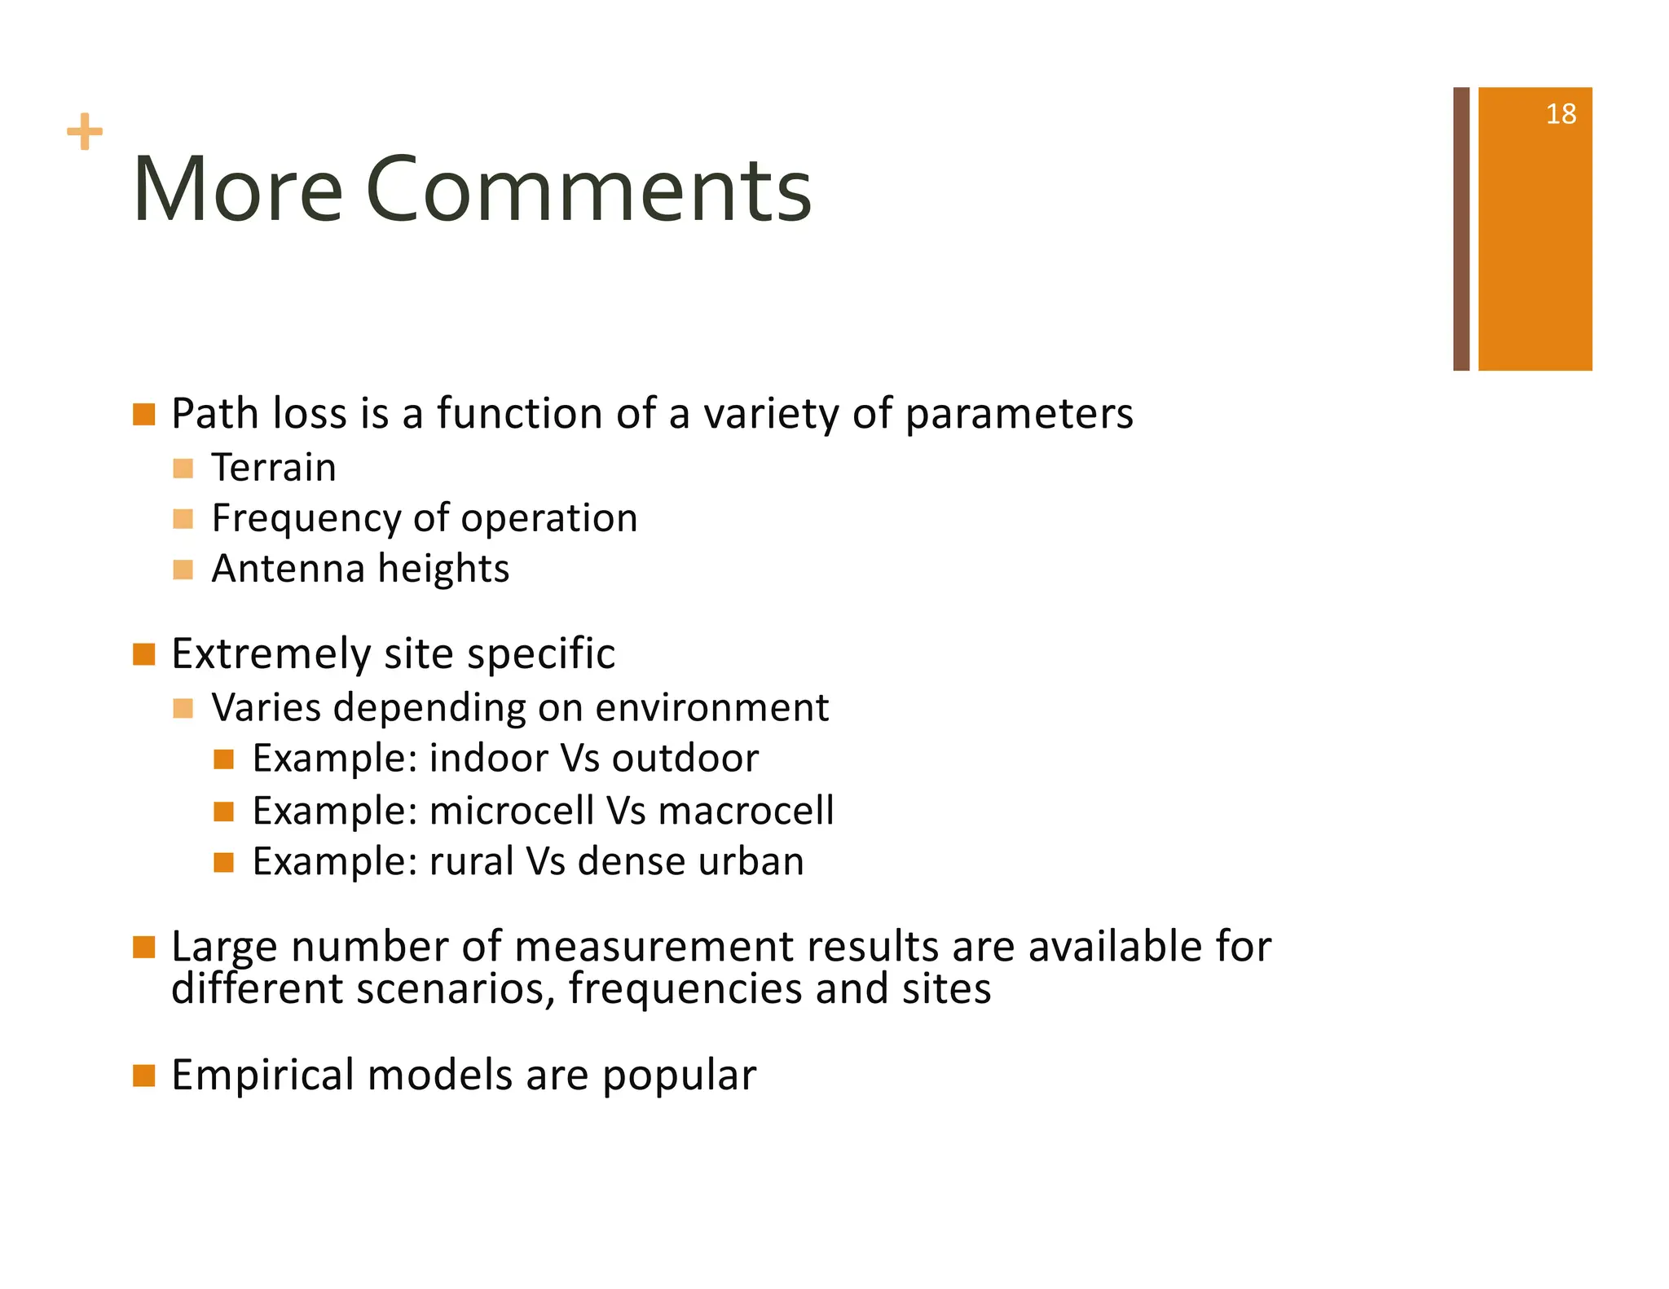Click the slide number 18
pyautogui.click(x=1560, y=114)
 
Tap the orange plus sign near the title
pyautogui.click(x=85, y=132)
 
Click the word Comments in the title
pyautogui.click(x=589, y=191)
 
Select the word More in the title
pyautogui.click(x=237, y=191)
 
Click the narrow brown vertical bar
pyautogui.click(x=1460, y=229)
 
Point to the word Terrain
pyautogui.click(x=274, y=468)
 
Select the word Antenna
pyautogui.click(x=288, y=569)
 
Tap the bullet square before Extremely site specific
pyautogui.click(x=144, y=654)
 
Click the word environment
pyautogui.click(x=711, y=707)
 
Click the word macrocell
pyautogui.click(x=746, y=811)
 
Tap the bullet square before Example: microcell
pyautogui.click(x=223, y=812)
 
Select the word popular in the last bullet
pyautogui.click(x=679, y=1076)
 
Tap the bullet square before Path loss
pyautogui.click(x=144, y=414)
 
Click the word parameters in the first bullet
pyautogui.click(x=1019, y=415)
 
